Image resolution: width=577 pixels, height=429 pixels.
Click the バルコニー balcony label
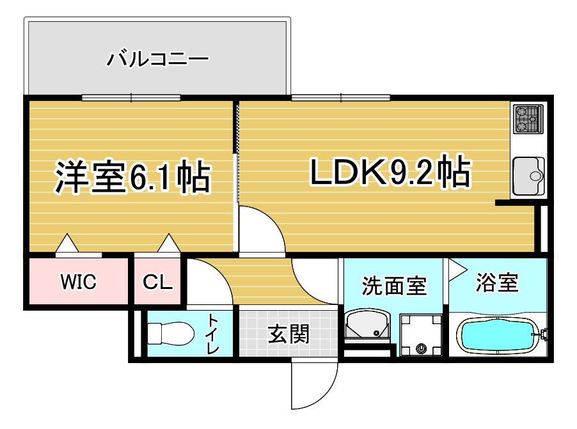pos(157,59)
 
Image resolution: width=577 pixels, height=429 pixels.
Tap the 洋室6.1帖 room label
pos(132,176)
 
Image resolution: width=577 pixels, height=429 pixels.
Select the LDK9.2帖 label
pos(391,171)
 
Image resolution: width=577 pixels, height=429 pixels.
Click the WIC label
pos(79,282)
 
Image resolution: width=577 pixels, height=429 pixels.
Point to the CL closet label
pos(157,282)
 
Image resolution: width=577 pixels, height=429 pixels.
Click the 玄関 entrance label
pos(288,334)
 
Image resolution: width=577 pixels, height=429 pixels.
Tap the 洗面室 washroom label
pos(394,286)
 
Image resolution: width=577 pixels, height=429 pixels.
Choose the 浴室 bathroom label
pos(497,283)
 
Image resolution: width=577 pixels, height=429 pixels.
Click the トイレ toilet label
pos(213,334)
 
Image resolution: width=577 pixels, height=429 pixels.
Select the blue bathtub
pos(497,336)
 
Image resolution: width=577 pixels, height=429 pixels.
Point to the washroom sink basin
pos(368,325)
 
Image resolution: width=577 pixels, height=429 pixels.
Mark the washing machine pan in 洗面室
pos(421,335)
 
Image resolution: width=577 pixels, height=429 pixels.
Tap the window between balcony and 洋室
pos(131,98)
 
